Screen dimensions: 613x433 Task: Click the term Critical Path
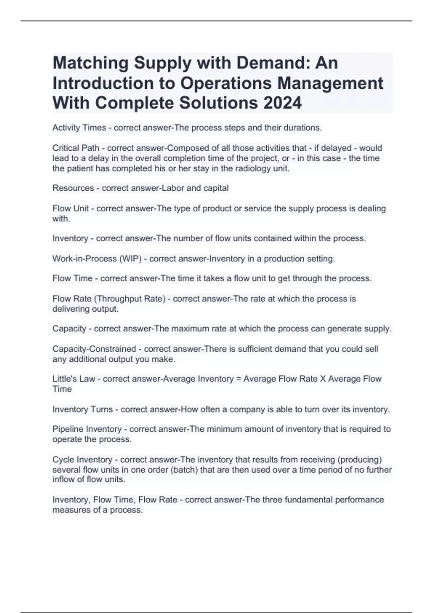76,148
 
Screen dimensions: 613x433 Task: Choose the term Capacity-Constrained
94,349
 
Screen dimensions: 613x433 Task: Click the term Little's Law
74,379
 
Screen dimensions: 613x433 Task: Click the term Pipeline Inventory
87,429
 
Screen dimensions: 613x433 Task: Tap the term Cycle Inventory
82,459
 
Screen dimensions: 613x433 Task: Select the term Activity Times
79,128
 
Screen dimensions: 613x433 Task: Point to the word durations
303,128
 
